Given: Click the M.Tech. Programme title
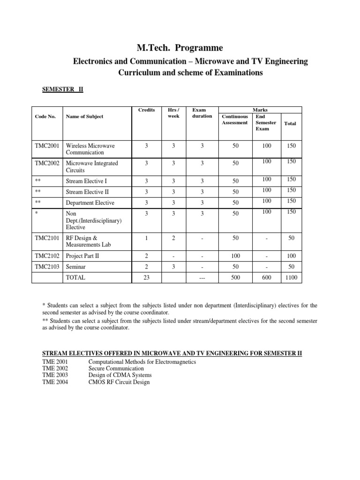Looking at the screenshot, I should click(180, 48).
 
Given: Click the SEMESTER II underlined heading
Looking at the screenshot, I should click(62, 89).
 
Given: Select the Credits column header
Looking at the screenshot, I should click(146, 110).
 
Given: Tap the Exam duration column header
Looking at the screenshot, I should click(202, 113).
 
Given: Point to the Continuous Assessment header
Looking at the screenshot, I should click(235, 120).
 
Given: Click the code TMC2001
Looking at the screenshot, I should click(47, 146).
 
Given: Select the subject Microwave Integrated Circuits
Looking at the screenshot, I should click(92, 167).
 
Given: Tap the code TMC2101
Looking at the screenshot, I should click(47, 238).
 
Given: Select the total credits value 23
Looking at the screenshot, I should click(146, 277).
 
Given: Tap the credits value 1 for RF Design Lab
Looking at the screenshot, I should click(146, 238).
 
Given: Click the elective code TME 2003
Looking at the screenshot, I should click(55, 375).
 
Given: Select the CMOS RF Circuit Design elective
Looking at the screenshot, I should click(119, 382).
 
